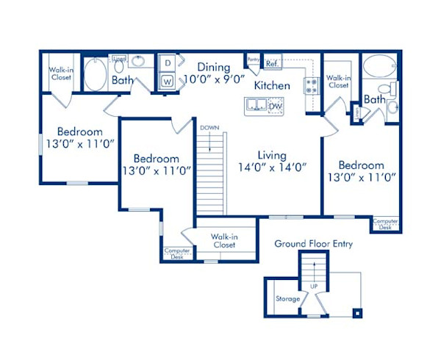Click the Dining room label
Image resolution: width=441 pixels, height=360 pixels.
click(x=213, y=65)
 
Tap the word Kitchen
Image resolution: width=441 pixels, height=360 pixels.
click(x=272, y=86)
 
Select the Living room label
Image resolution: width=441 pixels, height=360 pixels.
click(x=271, y=155)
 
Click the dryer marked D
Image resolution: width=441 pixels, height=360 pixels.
click(x=167, y=63)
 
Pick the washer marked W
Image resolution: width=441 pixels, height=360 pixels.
click(x=167, y=81)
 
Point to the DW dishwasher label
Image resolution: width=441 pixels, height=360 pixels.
click(x=275, y=107)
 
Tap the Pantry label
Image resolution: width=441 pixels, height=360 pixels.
click(x=254, y=60)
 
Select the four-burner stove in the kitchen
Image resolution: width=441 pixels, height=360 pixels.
click(x=312, y=85)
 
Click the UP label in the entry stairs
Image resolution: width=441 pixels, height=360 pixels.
click(x=314, y=285)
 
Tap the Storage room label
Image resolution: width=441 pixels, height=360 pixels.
click(x=287, y=299)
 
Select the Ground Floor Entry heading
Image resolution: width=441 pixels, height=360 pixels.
click(x=314, y=243)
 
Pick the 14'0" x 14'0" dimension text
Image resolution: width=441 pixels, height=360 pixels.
click(x=271, y=167)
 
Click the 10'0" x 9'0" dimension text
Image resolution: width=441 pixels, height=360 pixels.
click(x=213, y=77)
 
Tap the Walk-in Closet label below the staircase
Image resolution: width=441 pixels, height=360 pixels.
click(x=224, y=241)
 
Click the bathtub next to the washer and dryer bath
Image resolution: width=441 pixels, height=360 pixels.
click(x=96, y=75)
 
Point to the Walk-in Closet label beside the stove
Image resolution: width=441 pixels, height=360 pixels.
click(x=338, y=81)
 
